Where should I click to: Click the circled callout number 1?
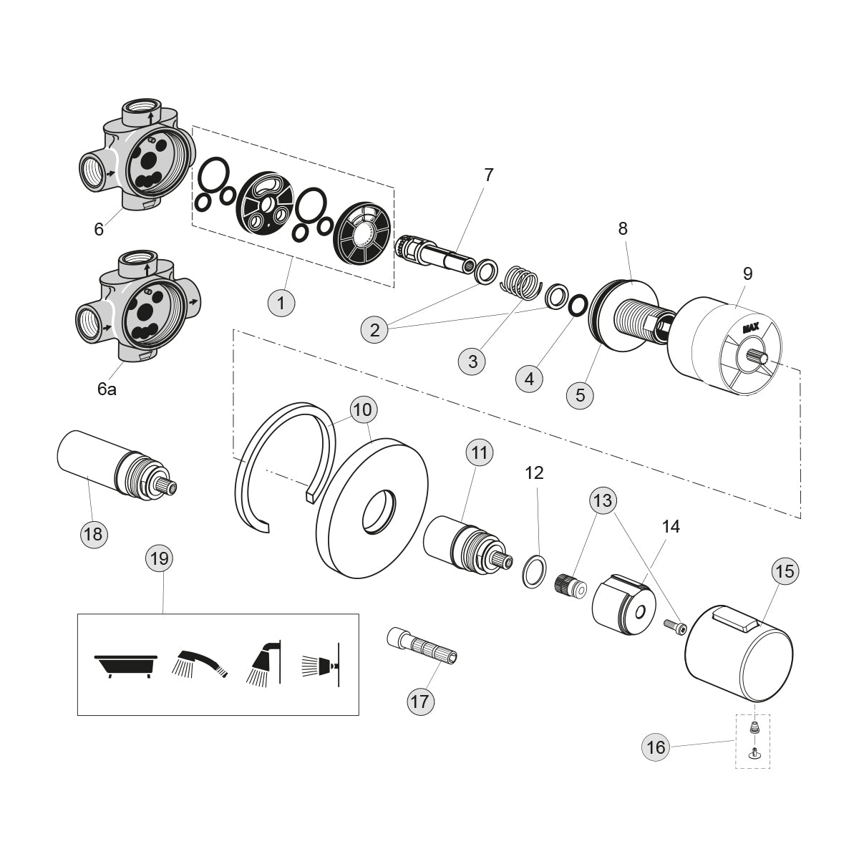coord(281,303)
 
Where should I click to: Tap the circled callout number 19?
coord(160,558)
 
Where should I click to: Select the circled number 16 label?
coord(656,748)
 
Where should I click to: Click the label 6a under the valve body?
coord(107,389)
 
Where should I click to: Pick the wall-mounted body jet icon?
coord(319,664)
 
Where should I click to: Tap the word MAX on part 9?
coord(750,329)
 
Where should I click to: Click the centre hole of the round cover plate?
coord(377,512)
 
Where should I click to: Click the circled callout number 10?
coord(364,410)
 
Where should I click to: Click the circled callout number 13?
coord(603,500)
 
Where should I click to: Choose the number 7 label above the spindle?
coord(489,175)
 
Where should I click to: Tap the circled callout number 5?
coord(580,394)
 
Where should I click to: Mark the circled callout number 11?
coord(480,452)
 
